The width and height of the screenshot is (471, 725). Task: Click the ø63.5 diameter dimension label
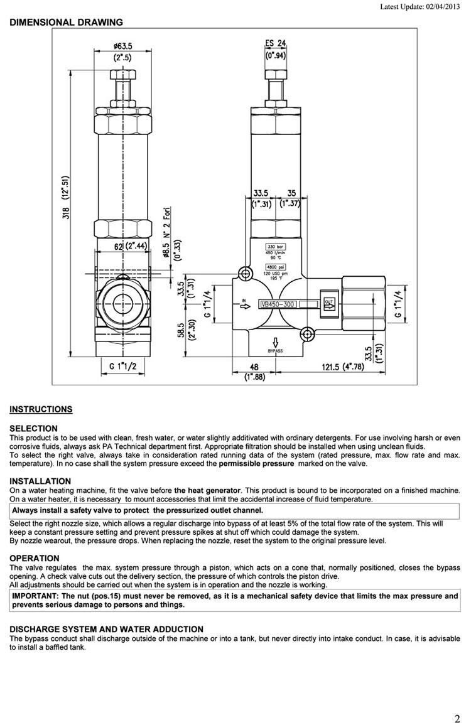click(x=123, y=46)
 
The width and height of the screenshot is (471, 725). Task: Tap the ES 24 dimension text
click(x=276, y=44)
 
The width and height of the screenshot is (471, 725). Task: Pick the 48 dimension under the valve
click(x=254, y=367)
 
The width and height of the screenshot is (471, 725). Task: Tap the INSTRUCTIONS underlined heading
click(x=41, y=410)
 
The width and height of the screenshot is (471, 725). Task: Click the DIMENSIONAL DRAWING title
click(x=66, y=23)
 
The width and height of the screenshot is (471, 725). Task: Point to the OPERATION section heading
click(x=35, y=558)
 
